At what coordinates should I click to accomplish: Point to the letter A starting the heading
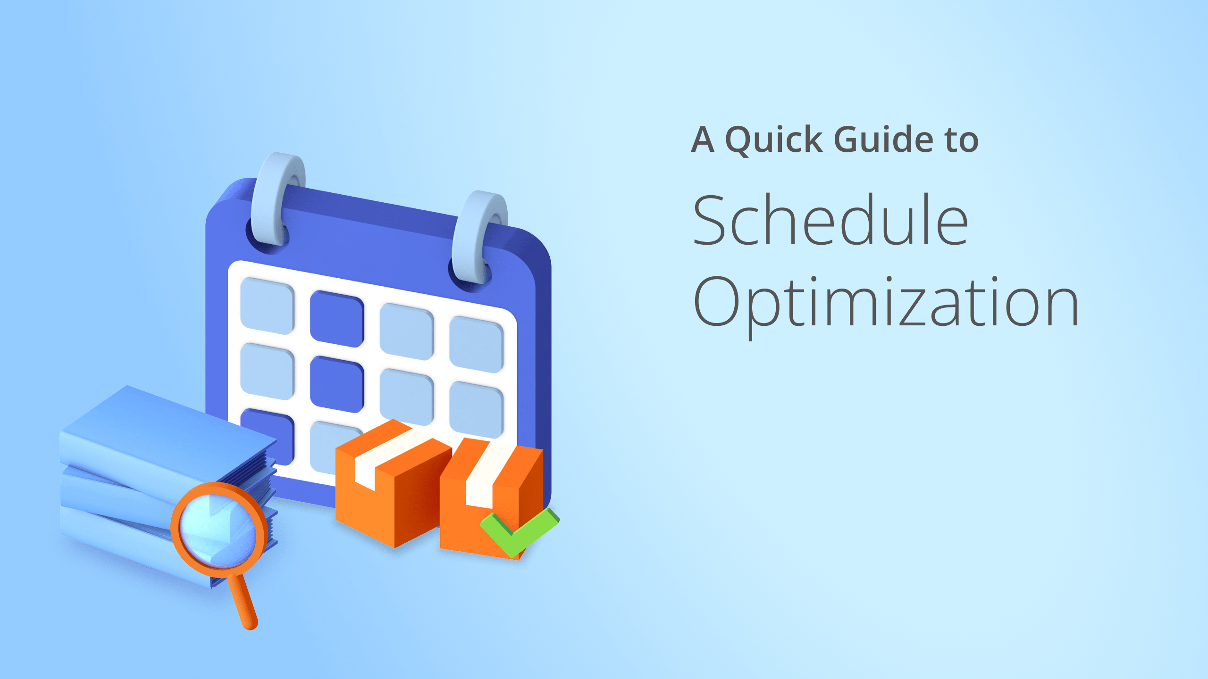703,140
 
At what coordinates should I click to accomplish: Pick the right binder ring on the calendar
479,236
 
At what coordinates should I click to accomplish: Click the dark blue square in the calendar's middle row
336,384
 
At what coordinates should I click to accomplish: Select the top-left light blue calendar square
267,306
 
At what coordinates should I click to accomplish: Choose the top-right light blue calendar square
476,344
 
